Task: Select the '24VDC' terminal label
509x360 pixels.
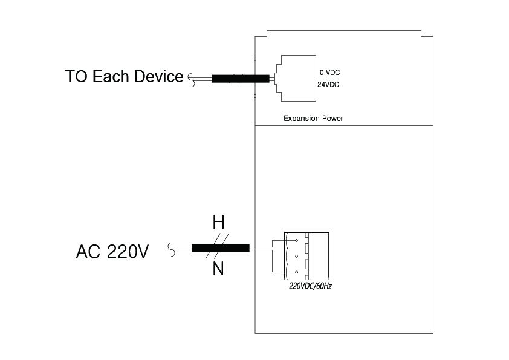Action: point(328,85)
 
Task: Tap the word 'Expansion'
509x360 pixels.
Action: point(302,119)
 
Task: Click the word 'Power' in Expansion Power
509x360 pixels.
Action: point(333,119)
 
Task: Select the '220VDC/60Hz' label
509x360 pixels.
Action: point(310,286)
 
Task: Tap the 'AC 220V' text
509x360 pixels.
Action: point(112,251)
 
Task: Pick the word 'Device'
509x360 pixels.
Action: point(160,77)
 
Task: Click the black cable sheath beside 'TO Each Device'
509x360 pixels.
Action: point(240,79)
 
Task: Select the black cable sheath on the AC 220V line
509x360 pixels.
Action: point(220,247)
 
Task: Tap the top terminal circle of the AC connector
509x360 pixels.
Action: point(297,241)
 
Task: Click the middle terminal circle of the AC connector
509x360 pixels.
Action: point(297,257)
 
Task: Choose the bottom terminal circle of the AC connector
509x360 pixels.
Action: point(297,272)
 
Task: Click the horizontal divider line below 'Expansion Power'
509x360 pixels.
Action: point(344,125)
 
